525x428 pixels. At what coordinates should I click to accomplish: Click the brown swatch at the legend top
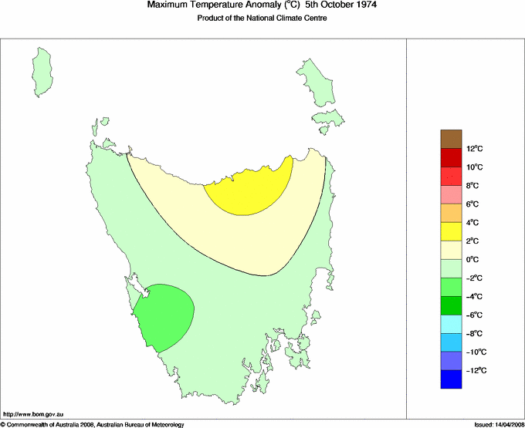point(452,139)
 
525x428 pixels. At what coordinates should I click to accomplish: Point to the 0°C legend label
point(473,260)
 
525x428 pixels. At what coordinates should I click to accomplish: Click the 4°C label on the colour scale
point(473,223)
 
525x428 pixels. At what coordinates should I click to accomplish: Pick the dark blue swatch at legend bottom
point(452,379)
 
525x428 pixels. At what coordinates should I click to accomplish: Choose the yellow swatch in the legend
point(452,231)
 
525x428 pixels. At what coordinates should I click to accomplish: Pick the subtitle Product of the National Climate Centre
point(262,19)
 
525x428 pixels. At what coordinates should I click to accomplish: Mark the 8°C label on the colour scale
point(473,186)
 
